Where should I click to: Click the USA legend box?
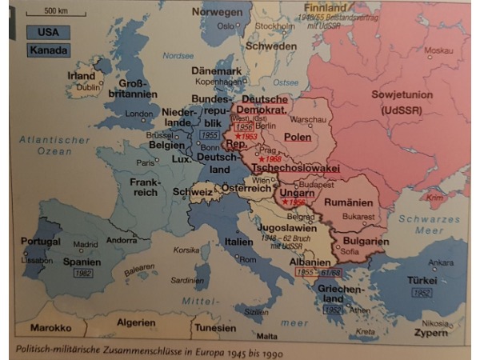(x=48, y=33)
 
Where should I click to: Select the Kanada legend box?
(x=48, y=50)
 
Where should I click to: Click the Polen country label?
(x=298, y=137)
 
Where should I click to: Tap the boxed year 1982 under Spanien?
(x=83, y=274)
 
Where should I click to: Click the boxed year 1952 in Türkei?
(x=422, y=293)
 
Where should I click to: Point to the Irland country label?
(x=82, y=75)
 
